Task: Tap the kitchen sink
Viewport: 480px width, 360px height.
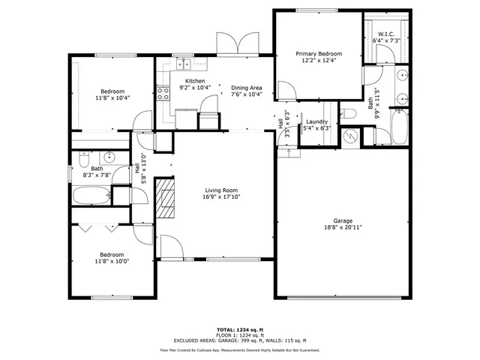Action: [183, 65]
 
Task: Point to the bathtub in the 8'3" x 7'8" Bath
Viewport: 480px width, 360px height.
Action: [91, 196]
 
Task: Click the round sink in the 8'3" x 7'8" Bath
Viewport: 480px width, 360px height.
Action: [108, 157]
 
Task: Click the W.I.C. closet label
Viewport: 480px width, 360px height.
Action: [386, 34]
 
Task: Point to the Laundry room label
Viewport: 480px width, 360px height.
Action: [315, 121]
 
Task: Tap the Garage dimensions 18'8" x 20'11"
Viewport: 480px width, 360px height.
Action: [343, 227]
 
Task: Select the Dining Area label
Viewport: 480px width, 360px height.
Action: [246, 88]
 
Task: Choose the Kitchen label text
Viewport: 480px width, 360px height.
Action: [195, 81]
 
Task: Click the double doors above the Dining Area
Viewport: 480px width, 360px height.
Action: [237, 43]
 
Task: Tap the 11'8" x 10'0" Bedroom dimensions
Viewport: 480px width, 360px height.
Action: [112, 261]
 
